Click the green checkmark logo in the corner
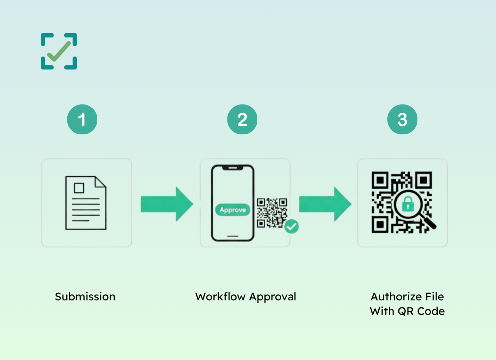[x=59, y=51]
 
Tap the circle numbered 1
[x=82, y=119]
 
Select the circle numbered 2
[x=242, y=119]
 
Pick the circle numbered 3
[x=402, y=119]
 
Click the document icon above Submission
[x=86, y=203]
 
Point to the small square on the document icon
[x=79, y=188]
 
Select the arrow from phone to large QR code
[x=325, y=204]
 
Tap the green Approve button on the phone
[x=233, y=210]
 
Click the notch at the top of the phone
[x=233, y=168]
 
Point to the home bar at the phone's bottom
[x=233, y=236]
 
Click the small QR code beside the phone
[x=272, y=212]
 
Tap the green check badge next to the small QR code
[x=291, y=227]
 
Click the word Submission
[x=85, y=297]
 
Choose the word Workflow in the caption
[x=220, y=297]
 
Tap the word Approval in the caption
[x=273, y=297]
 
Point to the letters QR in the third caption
[x=406, y=311]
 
